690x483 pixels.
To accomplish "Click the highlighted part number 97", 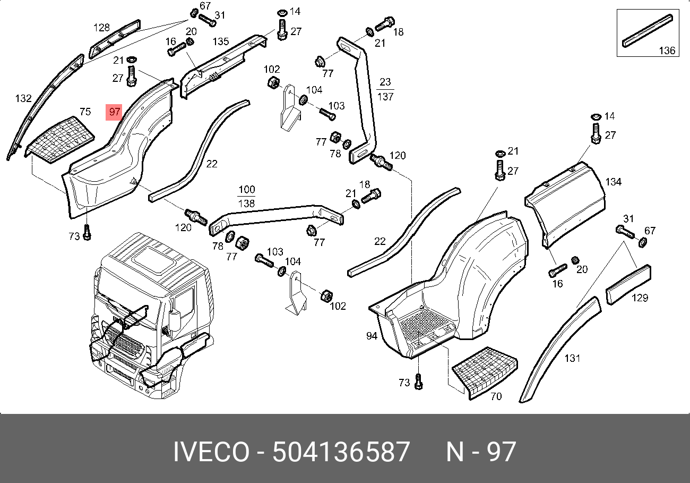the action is tap(114, 112).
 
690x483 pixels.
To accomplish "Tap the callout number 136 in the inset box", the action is tap(667, 50).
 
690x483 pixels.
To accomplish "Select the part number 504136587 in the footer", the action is tap(341, 452).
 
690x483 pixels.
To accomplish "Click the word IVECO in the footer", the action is tap(211, 452).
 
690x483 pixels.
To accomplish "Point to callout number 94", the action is tap(372, 336).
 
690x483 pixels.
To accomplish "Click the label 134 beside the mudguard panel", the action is tap(613, 182).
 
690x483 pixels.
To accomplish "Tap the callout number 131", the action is tap(572, 358).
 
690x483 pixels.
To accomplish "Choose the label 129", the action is tap(640, 298).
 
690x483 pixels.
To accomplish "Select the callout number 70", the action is tap(496, 396).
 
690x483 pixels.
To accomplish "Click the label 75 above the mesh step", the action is tap(85, 112).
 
